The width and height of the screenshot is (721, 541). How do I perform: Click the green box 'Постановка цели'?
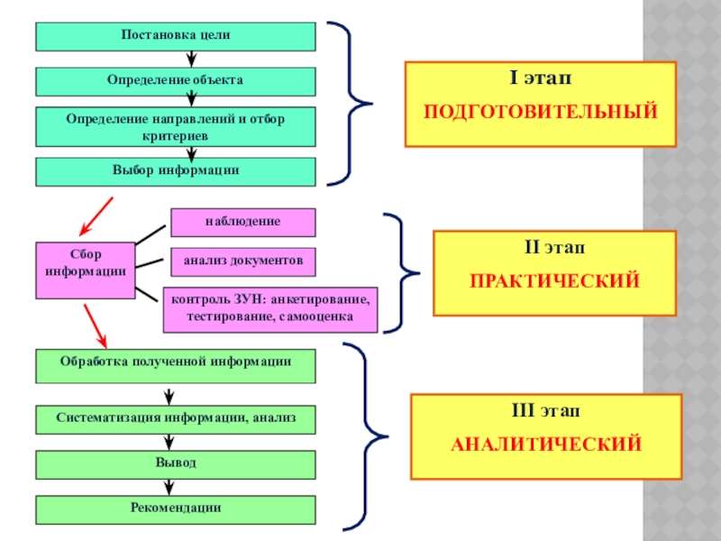tap(176, 36)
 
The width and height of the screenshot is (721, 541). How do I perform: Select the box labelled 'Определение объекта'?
tap(176, 81)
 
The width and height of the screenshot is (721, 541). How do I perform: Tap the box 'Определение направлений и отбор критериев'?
tap(176, 126)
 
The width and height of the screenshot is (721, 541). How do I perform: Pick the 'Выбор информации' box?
tap(176, 171)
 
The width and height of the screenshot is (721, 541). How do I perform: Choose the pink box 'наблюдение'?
tap(243, 222)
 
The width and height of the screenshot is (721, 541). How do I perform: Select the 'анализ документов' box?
tap(243, 261)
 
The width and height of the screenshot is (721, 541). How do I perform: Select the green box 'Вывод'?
tap(176, 464)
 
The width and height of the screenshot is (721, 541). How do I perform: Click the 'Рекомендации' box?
tap(176, 509)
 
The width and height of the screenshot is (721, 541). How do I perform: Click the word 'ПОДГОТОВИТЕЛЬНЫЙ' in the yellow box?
tap(541, 113)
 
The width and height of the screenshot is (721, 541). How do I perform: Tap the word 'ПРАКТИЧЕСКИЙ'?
tap(554, 281)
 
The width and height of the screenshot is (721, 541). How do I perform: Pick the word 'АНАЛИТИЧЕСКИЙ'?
tap(546, 445)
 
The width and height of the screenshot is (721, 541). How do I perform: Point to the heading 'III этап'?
tap(546, 411)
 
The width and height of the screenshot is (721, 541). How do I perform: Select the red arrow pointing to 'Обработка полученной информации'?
tap(96, 326)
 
